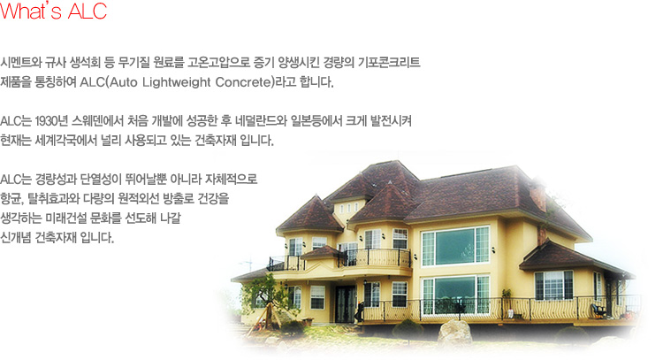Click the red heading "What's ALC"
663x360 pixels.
click(53, 11)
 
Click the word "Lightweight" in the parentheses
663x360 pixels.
click(176, 81)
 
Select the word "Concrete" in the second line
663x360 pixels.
click(243, 81)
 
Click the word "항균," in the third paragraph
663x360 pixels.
click(12, 199)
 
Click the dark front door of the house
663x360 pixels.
click(346, 303)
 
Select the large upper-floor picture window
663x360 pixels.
click(456, 246)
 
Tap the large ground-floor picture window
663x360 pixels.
click(456, 295)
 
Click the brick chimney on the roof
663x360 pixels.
click(537, 197)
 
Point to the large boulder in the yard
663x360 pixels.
click(454, 332)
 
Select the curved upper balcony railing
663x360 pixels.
click(374, 257)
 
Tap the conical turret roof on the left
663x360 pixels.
click(310, 215)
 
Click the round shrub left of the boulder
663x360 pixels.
click(408, 328)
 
